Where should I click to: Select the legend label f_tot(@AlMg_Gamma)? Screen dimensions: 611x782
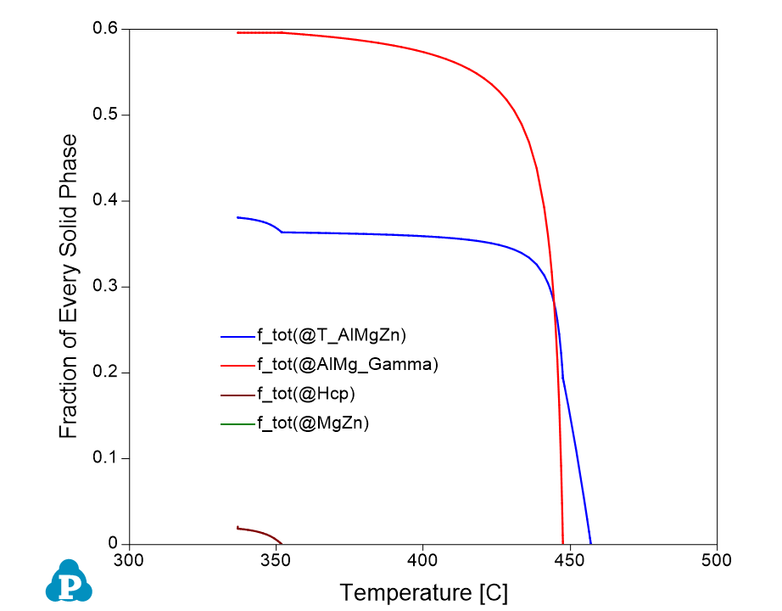tap(347, 365)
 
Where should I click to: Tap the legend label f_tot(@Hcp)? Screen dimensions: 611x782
tap(305, 395)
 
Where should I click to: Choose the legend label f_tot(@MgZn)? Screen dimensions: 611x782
tap(312, 423)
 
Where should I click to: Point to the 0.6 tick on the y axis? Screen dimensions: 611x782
tap(104, 30)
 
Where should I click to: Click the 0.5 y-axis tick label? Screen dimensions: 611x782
tap(104, 115)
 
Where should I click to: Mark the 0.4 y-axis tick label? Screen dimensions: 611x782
tap(104, 201)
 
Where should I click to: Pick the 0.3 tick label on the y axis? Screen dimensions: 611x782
tap(104, 287)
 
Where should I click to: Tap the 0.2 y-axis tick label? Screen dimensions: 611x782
tap(104, 373)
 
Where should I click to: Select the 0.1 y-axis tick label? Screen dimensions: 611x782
tap(104, 458)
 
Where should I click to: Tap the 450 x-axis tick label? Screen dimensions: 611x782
tap(569, 561)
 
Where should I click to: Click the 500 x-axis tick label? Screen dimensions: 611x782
tap(717, 561)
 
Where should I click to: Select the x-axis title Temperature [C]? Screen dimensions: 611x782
tap(423, 592)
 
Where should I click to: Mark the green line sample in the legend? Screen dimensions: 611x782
tap(237, 423)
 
